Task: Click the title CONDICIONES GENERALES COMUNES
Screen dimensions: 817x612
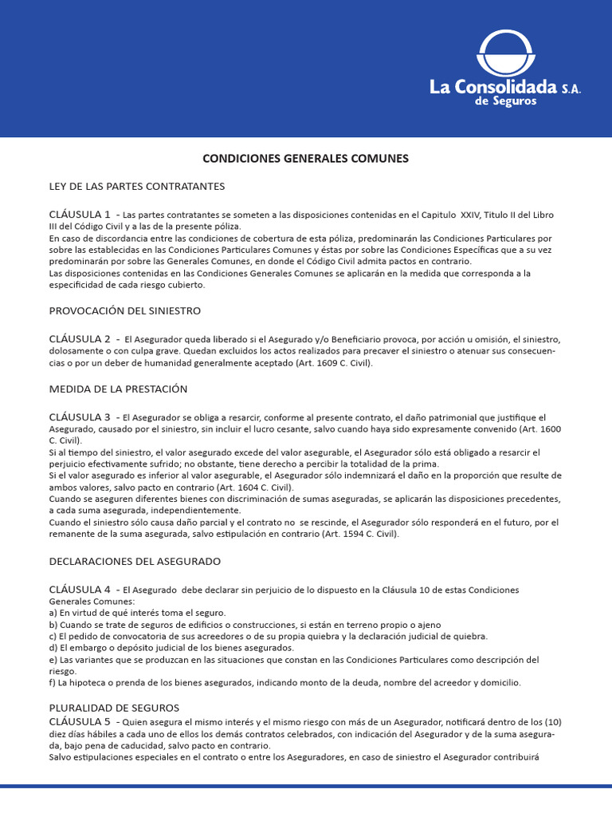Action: click(305, 159)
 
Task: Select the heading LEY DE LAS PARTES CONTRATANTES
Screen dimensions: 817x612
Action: click(137, 187)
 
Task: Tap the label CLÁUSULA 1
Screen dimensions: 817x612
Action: click(80, 215)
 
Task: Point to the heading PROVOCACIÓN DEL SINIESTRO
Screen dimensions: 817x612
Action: click(125, 310)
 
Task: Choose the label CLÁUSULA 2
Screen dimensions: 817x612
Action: click(80, 338)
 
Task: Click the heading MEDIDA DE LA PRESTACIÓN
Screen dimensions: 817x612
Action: click(118, 389)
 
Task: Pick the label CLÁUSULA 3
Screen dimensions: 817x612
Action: click(80, 417)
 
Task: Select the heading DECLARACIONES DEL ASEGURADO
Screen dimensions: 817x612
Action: click(135, 562)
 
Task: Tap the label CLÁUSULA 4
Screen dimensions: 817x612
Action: click(80, 590)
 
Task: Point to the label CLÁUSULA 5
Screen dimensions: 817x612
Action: click(80, 722)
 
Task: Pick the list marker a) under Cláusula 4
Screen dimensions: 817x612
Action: click(53, 613)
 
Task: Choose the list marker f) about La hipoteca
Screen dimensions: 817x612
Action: click(53, 683)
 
